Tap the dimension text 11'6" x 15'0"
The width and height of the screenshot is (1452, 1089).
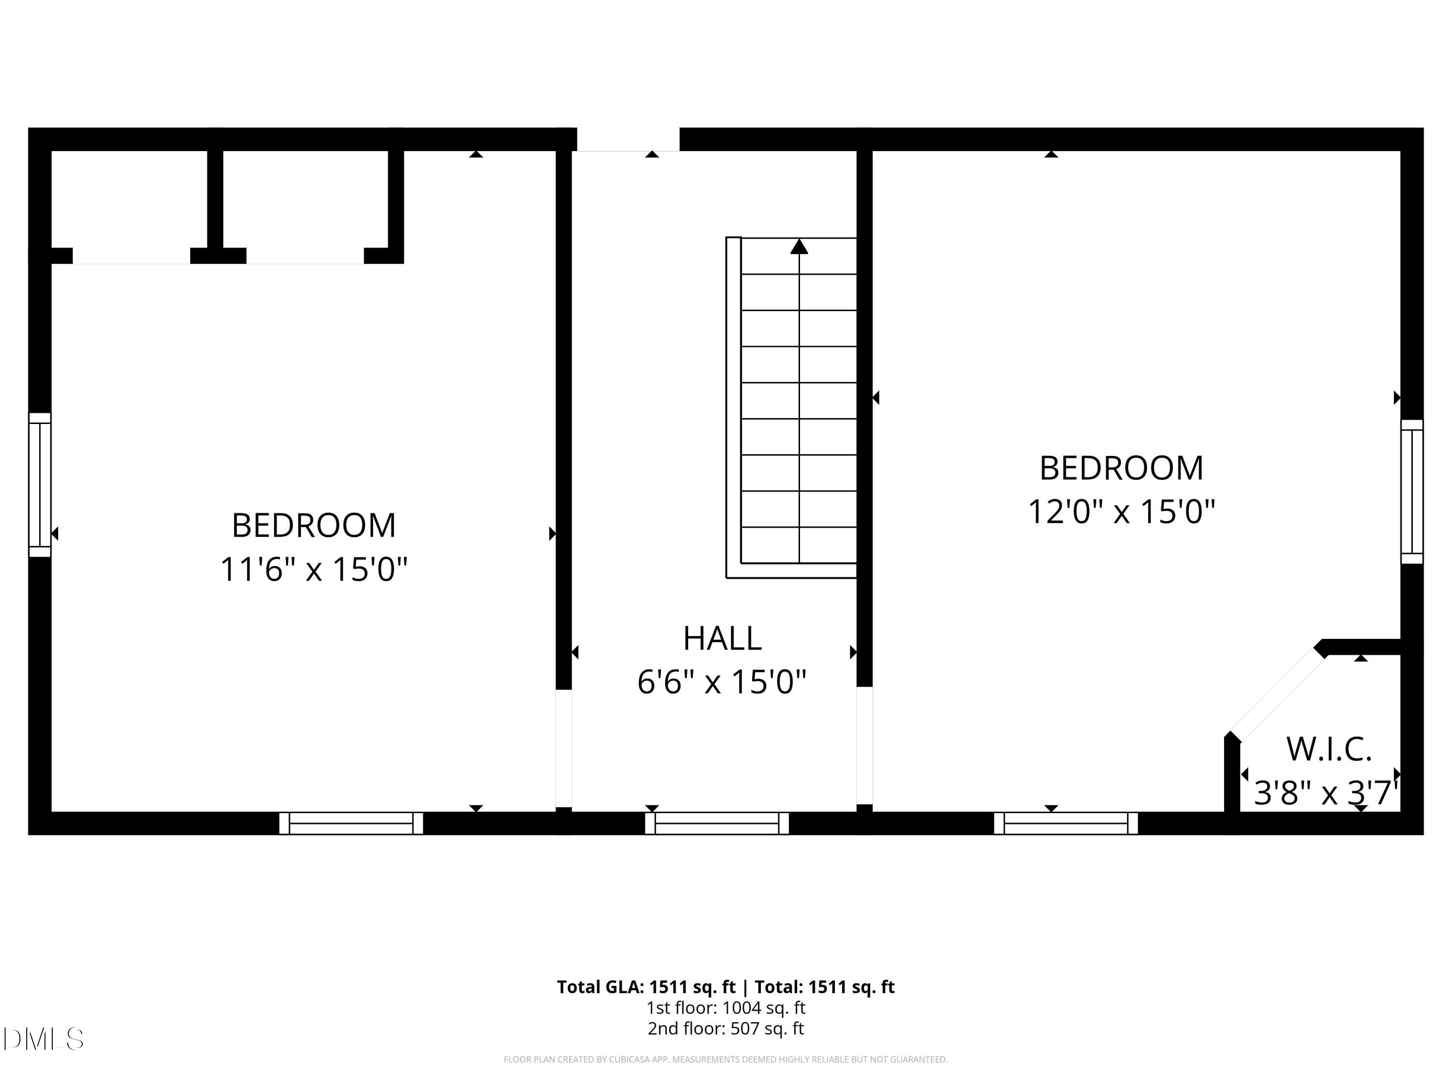pyautogui.click(x=314, y=569)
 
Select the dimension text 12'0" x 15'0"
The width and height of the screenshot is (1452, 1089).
pyautogui.click(x=1121, y=512)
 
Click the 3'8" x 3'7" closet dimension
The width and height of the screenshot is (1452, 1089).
pyautogui.click(x=1325, y=793)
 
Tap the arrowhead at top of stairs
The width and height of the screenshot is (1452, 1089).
pyautogui.click(x=799, y=247)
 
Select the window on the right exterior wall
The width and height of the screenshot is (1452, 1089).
pyautogui.click(x=1412, y=492)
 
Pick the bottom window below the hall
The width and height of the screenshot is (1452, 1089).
pyautogui.click(x=717, y=823)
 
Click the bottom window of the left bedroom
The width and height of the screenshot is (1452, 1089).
pyautogui.click(x=351, y=823)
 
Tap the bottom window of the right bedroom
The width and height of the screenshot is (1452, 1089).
pyautogui.click(x=1065, y=823)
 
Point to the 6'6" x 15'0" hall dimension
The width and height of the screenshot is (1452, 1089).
pyautogui.click(x=722, y=682)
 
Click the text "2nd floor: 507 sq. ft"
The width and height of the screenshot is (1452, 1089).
pyautogui.click(x=726, y=1028)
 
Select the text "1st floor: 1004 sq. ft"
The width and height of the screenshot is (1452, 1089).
pyautogui.click(x=726, y=1008)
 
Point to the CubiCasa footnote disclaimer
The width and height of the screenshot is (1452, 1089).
pyautogui.click(x=726, y=1059)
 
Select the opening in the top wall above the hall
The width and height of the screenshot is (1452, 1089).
pyautogui.click(x=628, y=140)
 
